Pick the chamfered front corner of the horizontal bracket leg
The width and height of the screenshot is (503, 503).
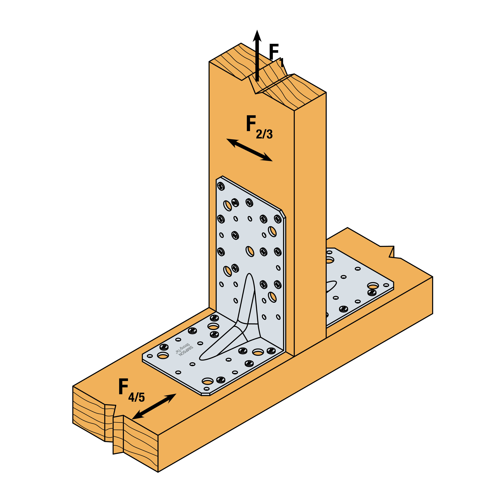click(x=205, y=394)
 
